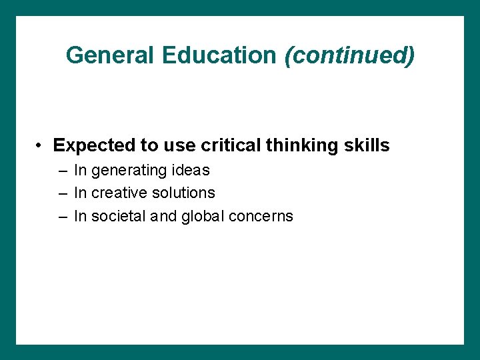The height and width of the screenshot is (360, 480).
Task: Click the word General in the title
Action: coord(111,55)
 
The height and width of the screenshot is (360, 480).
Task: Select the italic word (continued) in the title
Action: coord(349,55)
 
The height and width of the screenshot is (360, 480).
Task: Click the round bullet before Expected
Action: coord(41,145)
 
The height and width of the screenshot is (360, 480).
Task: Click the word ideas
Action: coord(192,171)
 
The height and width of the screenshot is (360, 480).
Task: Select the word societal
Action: coord(117,216)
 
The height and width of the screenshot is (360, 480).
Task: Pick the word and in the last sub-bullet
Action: coord(162,216)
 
